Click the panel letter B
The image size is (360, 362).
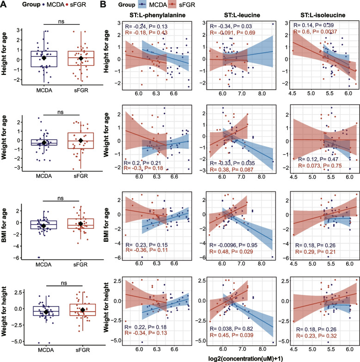[x=105, y=5]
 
